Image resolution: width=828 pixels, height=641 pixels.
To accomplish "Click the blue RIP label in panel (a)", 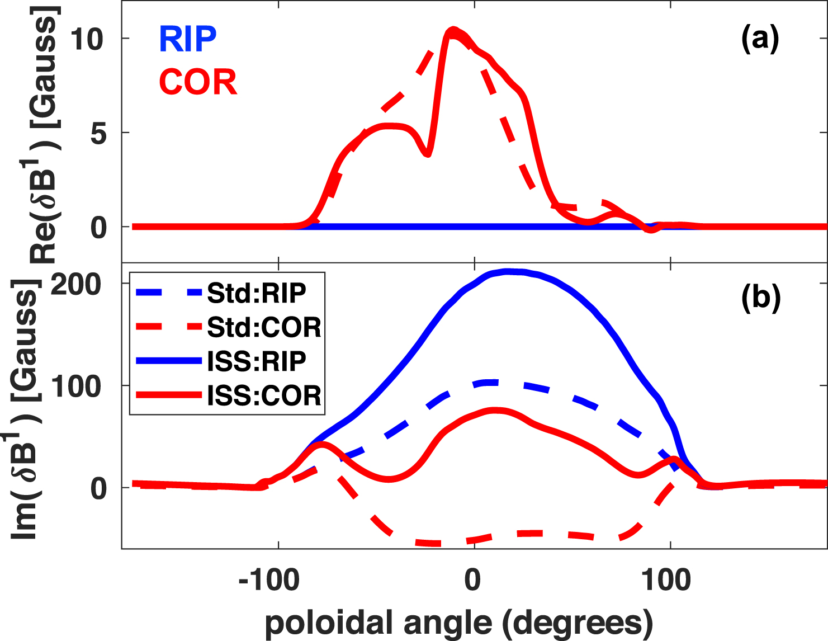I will point(188,39).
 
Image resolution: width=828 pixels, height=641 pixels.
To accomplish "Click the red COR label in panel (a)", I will point(198,82).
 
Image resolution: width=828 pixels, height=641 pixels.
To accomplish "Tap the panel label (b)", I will point(760,297).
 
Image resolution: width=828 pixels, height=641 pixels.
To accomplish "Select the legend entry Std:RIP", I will point(257,293).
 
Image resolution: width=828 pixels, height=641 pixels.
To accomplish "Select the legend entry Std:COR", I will point(264,327).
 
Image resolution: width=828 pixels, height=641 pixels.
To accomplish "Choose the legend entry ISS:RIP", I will point(257,361).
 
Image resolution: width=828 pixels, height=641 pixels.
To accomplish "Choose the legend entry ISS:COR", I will point(264,395).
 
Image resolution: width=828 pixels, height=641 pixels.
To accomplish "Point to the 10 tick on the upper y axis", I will point(87,39).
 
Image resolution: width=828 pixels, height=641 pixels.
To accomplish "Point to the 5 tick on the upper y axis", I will point(98,133).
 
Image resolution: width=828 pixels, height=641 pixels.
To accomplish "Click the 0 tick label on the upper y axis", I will point(98,227).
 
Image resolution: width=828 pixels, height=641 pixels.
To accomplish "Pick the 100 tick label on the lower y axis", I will point(76,386).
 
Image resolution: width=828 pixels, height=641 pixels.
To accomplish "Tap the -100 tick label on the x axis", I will point(268,581).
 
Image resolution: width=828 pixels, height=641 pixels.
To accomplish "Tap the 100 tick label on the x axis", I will point(666,581).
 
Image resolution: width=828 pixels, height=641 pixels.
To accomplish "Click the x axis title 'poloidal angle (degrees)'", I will point(458,623).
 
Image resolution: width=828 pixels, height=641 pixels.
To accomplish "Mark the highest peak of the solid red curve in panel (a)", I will point(453,30).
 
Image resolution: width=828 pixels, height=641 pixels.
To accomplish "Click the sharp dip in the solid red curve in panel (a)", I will point(427,153).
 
